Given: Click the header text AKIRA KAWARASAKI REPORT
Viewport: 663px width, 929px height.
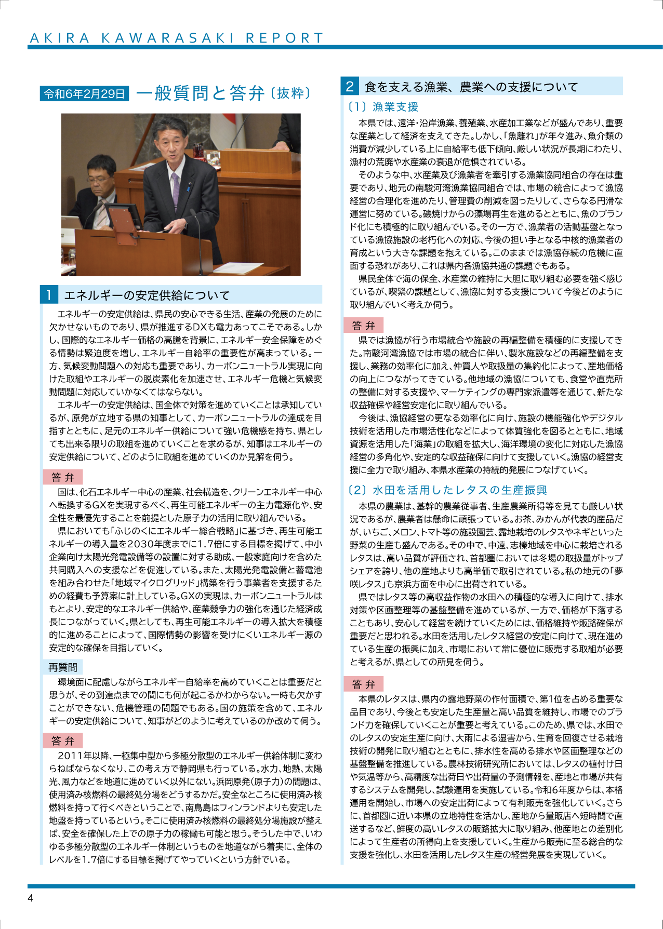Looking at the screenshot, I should tap(177, 38).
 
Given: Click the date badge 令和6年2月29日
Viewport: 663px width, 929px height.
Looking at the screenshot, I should tap(85, 93).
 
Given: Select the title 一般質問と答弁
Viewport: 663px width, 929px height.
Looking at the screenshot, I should tap(201, 93).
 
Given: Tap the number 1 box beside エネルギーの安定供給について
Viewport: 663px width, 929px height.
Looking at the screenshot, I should tap(49, 295).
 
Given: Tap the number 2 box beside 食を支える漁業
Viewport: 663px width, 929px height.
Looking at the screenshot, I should tap(350, 86).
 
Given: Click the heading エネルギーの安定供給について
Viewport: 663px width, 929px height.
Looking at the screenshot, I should tap(147, 295).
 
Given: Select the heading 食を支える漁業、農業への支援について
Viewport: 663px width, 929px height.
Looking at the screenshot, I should tap(471, 87).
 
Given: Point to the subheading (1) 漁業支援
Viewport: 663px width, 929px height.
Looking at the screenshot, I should tap(383, 107).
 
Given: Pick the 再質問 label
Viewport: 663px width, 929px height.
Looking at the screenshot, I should tap(63, 667).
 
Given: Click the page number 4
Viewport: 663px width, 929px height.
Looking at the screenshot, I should tap(31, 898).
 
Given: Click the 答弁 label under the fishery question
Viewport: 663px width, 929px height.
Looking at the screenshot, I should tap(363, 326).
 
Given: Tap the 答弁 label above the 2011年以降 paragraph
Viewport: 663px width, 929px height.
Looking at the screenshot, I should tap(63, 741).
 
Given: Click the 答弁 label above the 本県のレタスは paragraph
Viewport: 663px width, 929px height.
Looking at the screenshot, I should tap(363, 684).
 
